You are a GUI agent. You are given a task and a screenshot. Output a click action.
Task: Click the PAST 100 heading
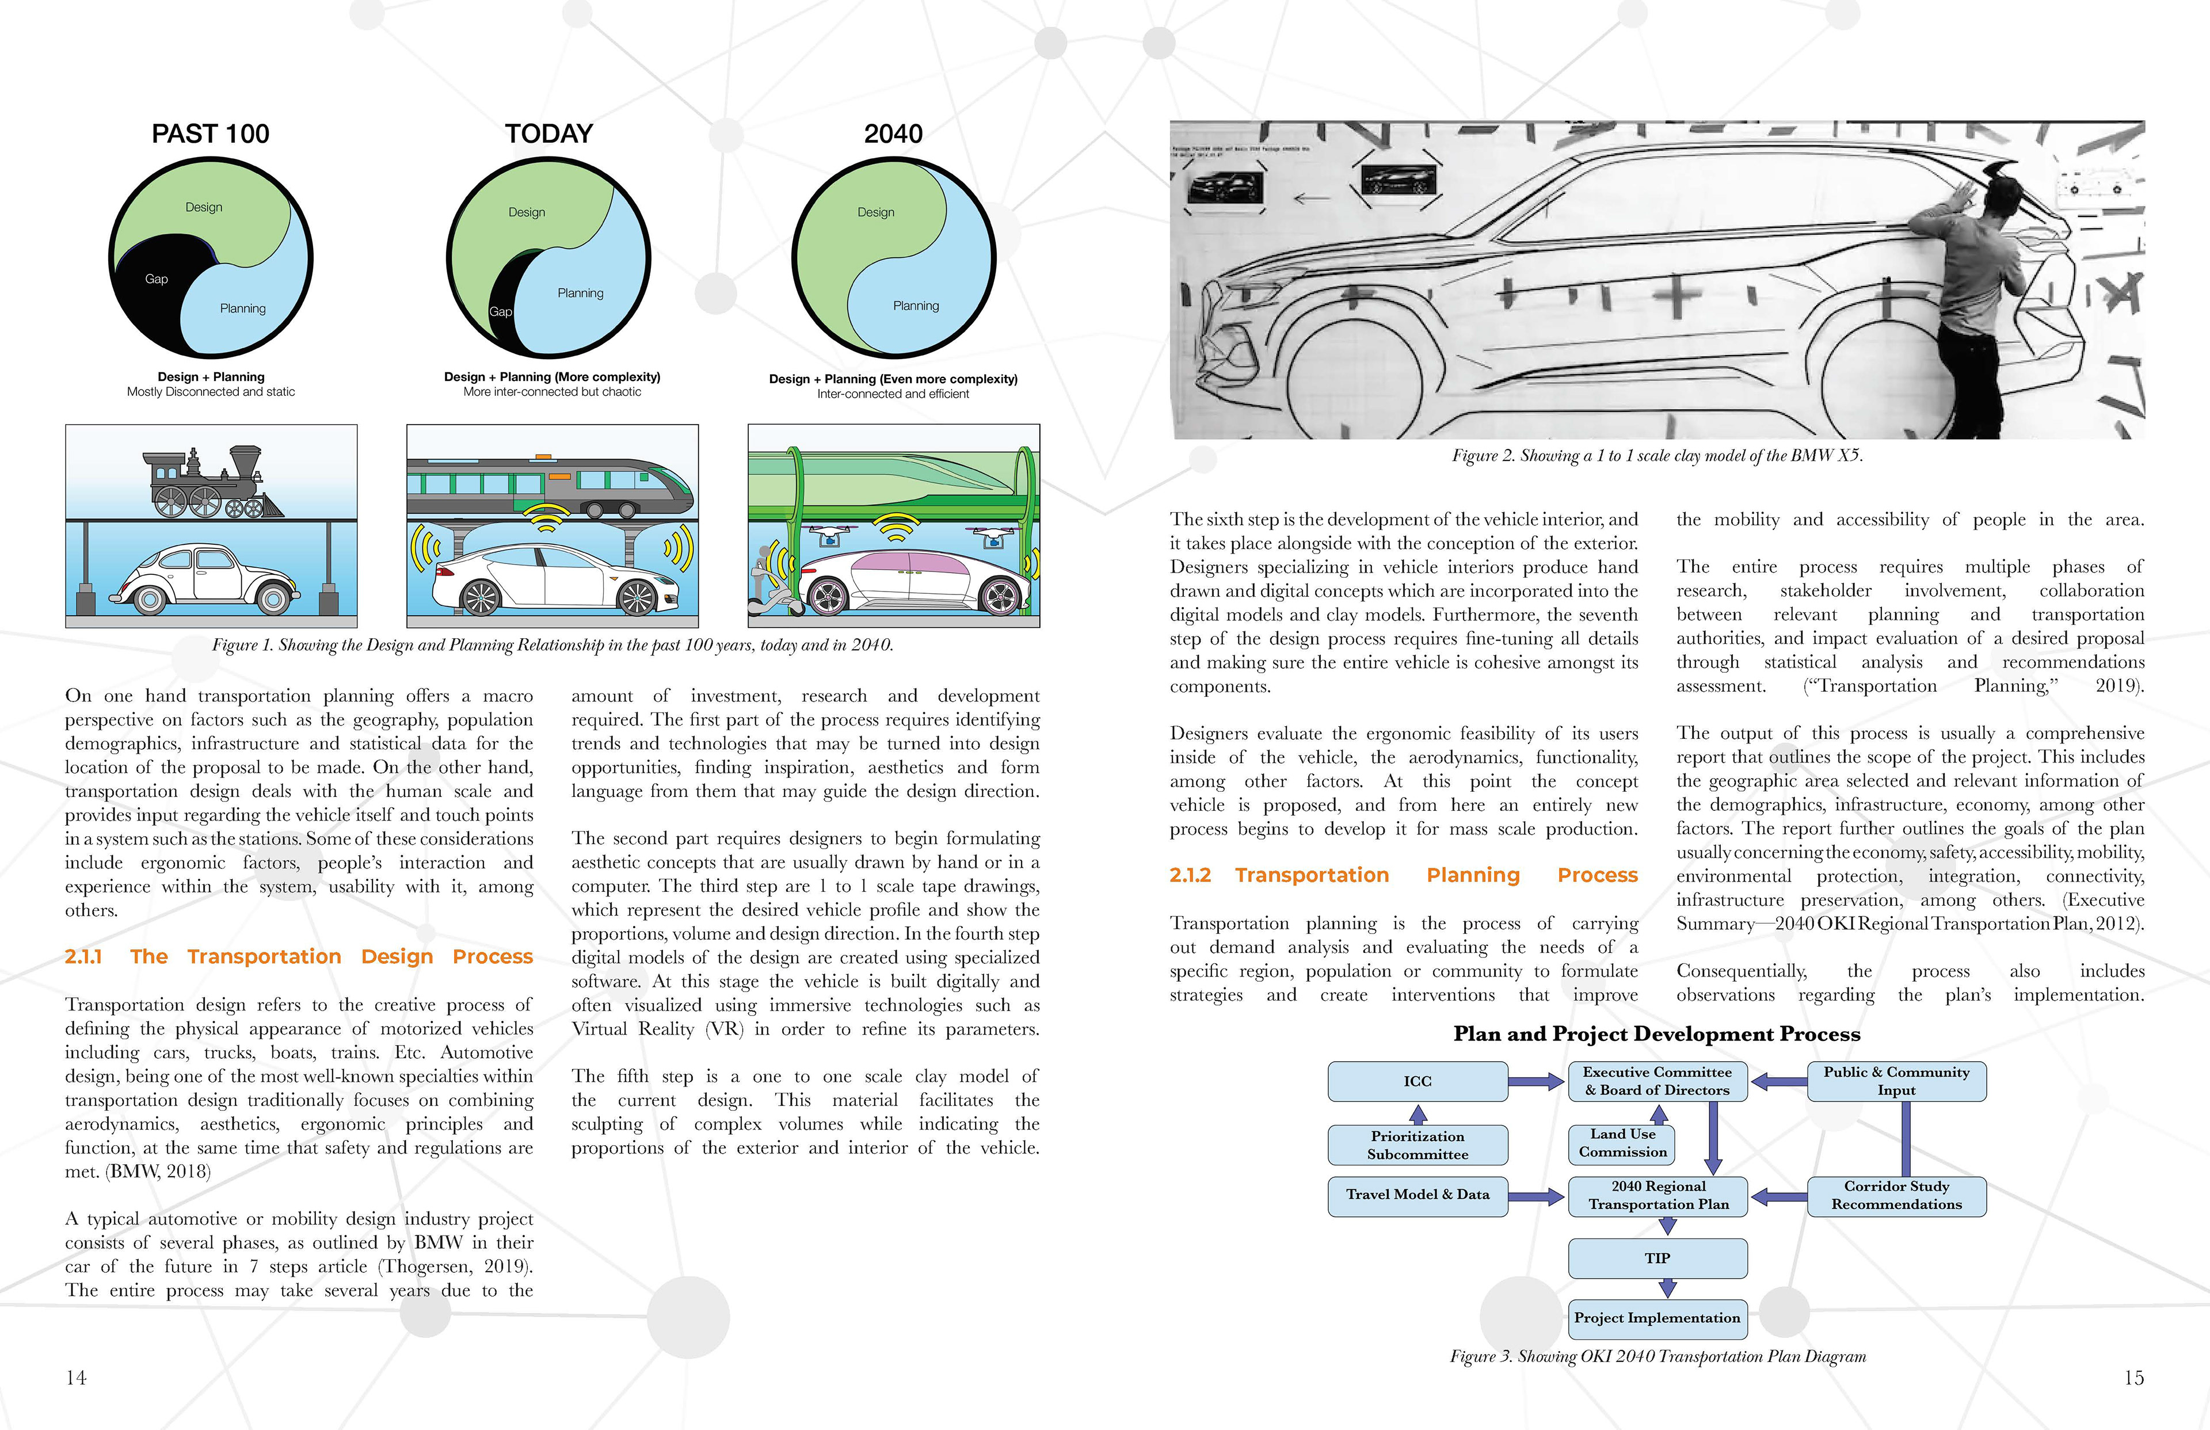pyautogui.click(x=210, y=134)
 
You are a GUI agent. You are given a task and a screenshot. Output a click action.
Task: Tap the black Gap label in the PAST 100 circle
pyautogui.click(x=156, y=279)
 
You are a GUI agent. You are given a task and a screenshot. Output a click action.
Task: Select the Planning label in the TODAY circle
pyautogui.click(x=580, y=293)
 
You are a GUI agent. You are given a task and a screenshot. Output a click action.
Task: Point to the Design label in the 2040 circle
pyautogui.click(x=875, y=213)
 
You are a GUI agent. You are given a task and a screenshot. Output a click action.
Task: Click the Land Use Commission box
pyautogui.click(x=1622, y=1143)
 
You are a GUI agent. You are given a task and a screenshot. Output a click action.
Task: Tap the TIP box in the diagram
pyautogui.click(x=1657, y=1258)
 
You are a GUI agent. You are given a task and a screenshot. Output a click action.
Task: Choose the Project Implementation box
pyautogui.click(x=1657, y=1318)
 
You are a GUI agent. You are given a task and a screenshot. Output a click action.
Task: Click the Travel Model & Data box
pyautogui.click(x=1417, y=1195)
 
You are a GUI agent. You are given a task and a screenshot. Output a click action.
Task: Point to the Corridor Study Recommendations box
pyautogui.click(x=1896, y=1196)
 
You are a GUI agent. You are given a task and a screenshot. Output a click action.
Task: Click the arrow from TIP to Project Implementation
pyautogui.click(x=1667, y=1288)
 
